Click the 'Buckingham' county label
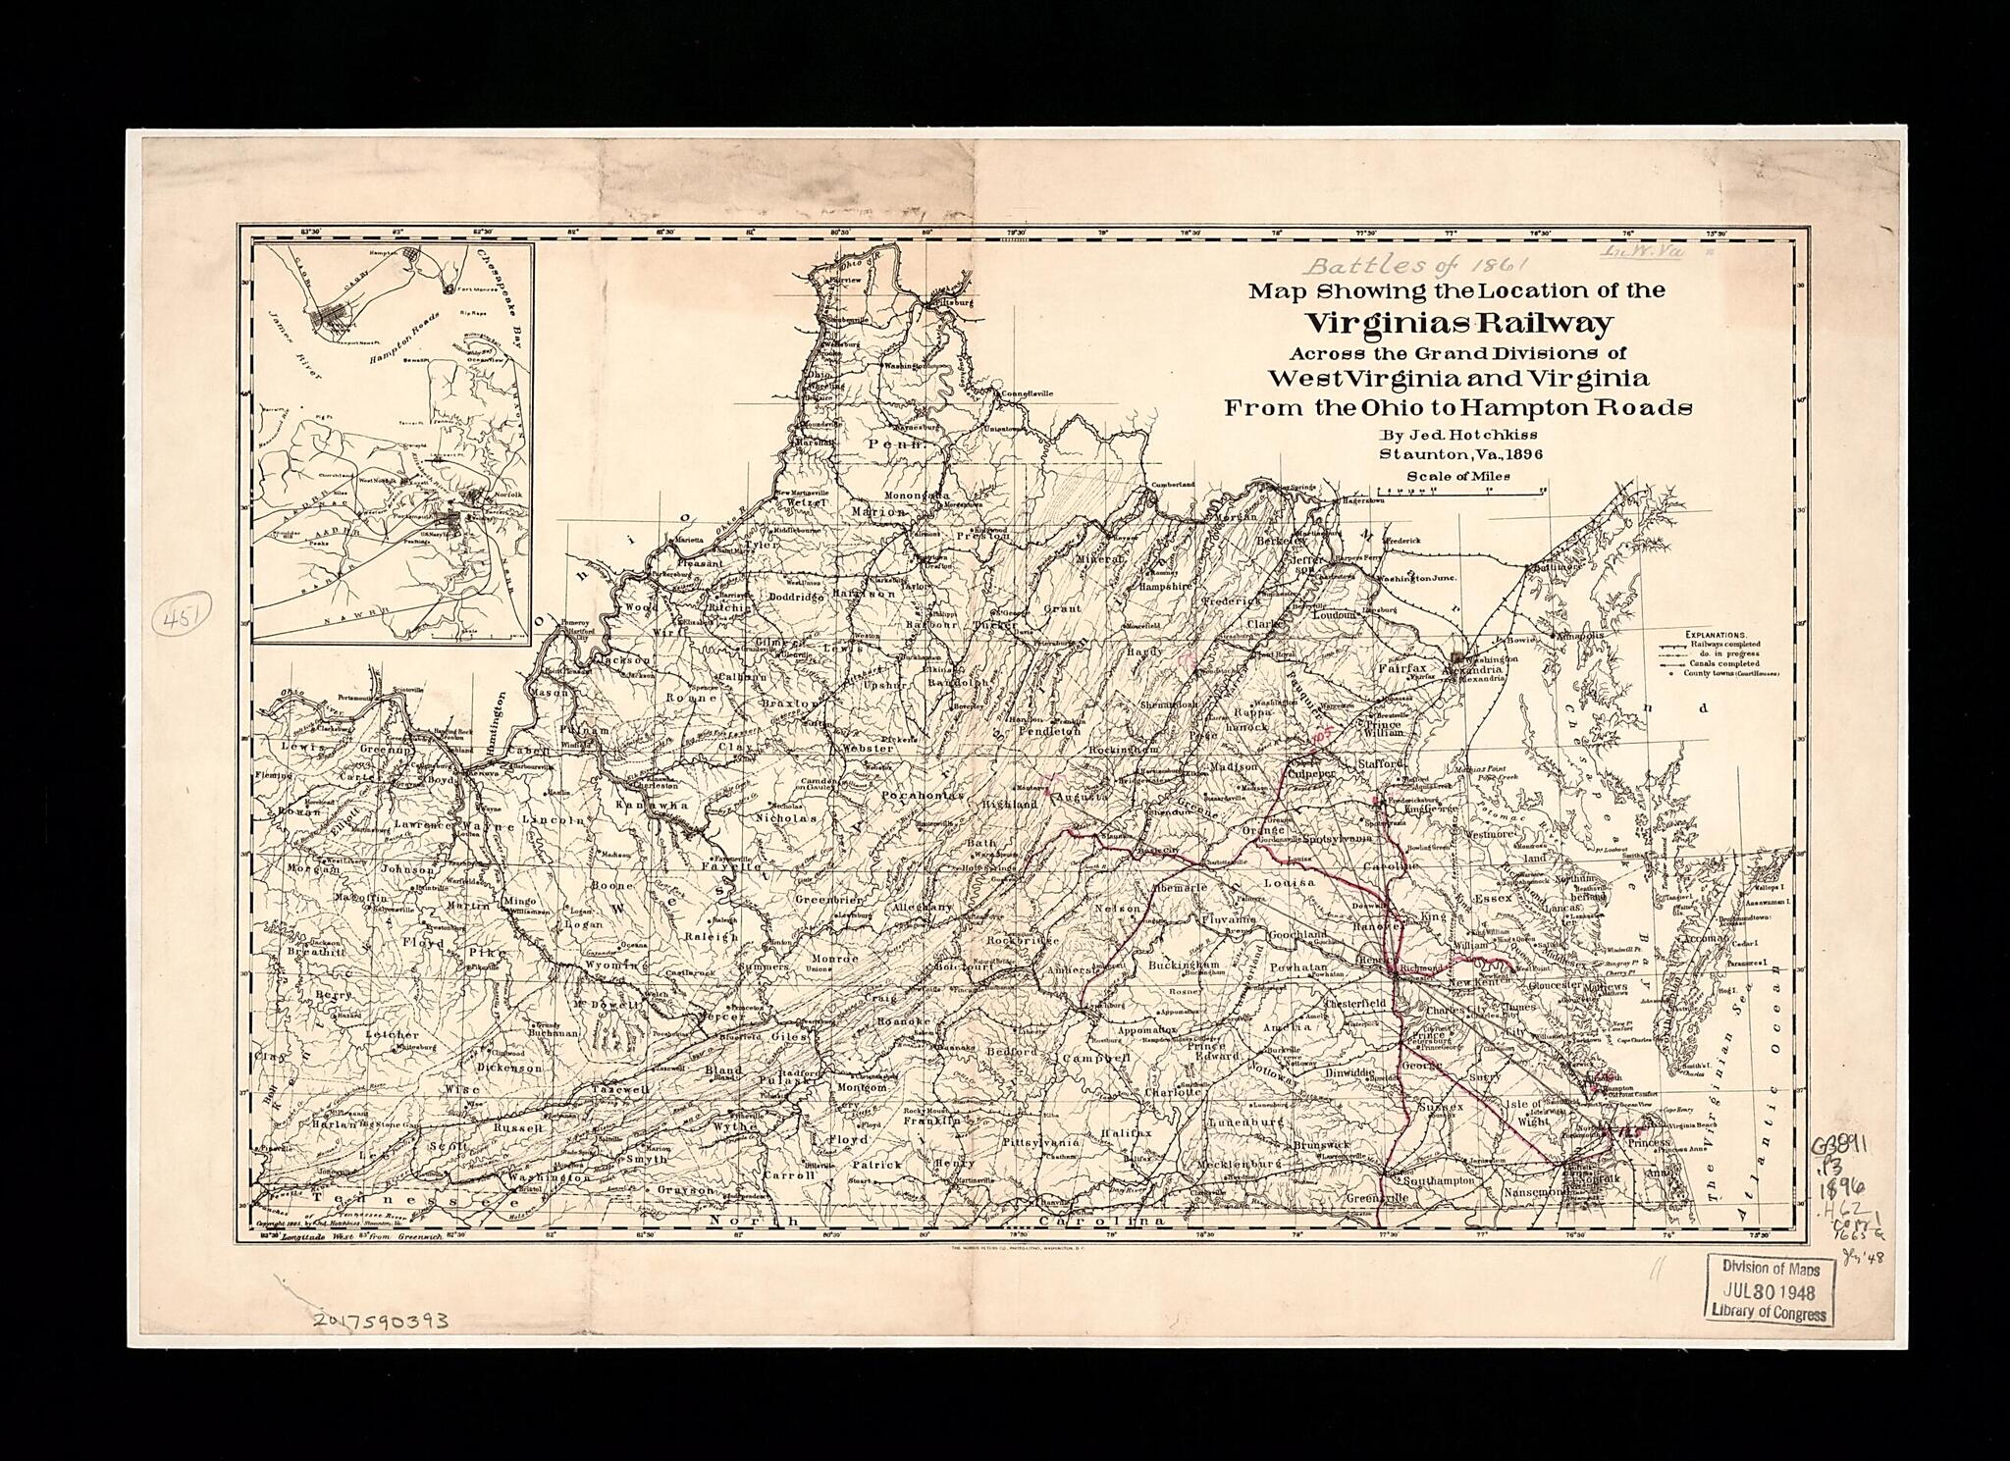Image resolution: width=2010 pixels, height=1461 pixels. click(x=1183, y=965)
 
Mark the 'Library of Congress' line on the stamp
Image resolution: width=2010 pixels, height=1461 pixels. click(x=1774, y=1314)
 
